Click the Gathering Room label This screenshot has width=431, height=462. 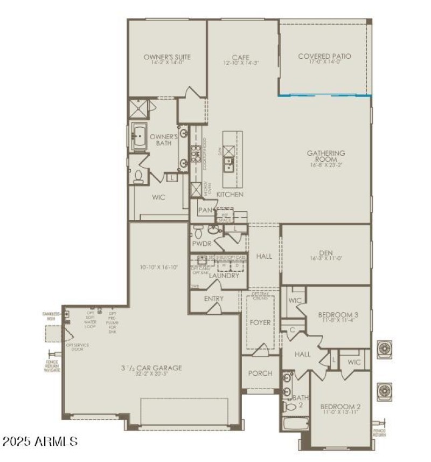[326, 156]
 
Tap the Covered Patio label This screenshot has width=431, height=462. [324, 56]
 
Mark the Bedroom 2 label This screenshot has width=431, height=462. [340, 406]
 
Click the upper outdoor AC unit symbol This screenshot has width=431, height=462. [385, 349]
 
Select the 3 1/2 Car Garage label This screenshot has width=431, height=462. [151, 368]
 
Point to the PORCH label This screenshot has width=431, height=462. [260, 373]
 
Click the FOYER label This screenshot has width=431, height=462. [260, 323]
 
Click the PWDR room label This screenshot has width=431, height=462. [202, 244]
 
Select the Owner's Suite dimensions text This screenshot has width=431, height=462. [167, 63]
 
